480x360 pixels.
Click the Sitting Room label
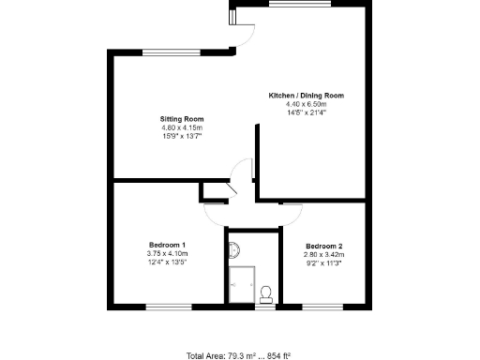click(x=182, y=119)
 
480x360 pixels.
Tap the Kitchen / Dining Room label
click(x=307, y=96)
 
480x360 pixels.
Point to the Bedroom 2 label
click(x=323, y=247)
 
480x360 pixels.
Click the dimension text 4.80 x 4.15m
click(x=182, y=127)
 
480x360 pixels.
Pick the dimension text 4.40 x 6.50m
click(x=307, y=104)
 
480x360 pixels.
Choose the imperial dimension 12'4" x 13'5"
click(x=168, y=262)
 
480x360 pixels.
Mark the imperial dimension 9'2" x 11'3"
click(x=323, y=263)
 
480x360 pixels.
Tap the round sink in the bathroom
click(x=234, y=249)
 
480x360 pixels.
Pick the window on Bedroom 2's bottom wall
click(x=323, y=306)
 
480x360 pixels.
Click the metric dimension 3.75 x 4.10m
click(x=168, y=254)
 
